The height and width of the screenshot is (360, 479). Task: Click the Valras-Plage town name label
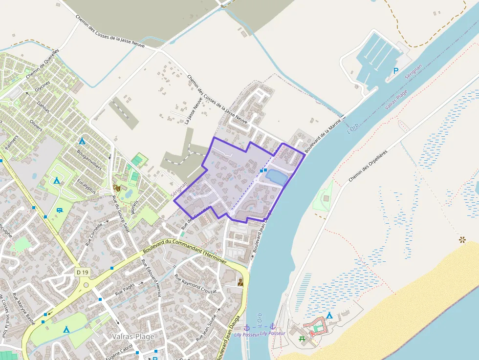[x=133, y=337]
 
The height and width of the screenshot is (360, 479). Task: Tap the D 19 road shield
[x=83, y=272]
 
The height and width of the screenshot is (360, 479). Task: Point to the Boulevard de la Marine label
[x=322, y=136]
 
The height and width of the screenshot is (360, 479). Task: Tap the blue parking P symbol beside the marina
[x=396, y=71]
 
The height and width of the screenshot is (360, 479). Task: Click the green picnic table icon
[x=302, y=339]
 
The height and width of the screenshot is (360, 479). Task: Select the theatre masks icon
[x=117, y=187]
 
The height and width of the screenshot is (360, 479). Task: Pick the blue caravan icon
[x=60, y=210]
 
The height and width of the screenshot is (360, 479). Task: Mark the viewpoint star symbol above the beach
[x=462, y=239]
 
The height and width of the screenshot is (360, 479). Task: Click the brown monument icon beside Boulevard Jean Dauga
[x=240, y=282]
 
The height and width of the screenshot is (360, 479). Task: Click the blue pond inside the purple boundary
[x=277, y=176]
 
